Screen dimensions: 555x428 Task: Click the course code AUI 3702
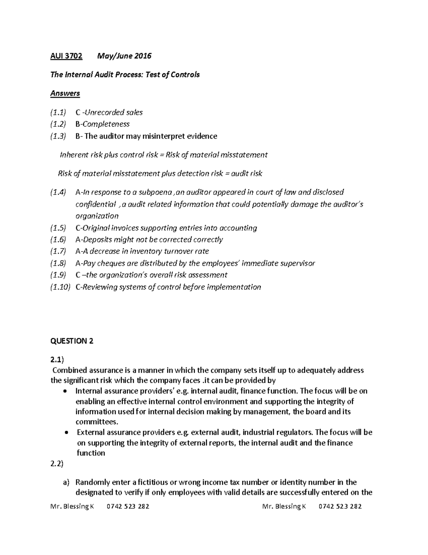66,56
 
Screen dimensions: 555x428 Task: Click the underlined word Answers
65,93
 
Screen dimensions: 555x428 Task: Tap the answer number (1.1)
58,113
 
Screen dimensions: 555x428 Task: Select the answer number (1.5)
58,228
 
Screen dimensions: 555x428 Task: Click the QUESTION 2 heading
72,341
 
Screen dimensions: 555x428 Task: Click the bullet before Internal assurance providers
65,391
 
